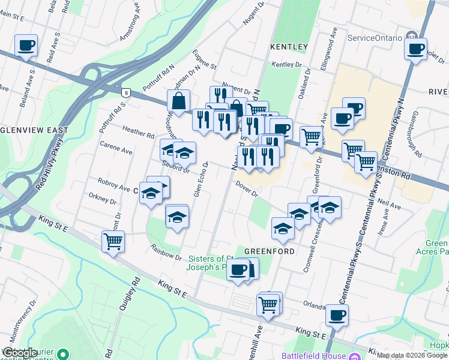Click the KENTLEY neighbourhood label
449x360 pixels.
[289, 47]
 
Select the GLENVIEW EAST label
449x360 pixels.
[34, 130]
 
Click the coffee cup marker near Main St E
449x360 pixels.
[26, 46]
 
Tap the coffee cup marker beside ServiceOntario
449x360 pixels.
[416, 49]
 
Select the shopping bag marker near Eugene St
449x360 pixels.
[179, 101]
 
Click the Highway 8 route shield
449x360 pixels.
[125, 92]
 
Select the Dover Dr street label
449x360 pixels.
[246, 190]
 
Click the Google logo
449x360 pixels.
[19, 353]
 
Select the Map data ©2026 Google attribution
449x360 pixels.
[412, 355]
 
